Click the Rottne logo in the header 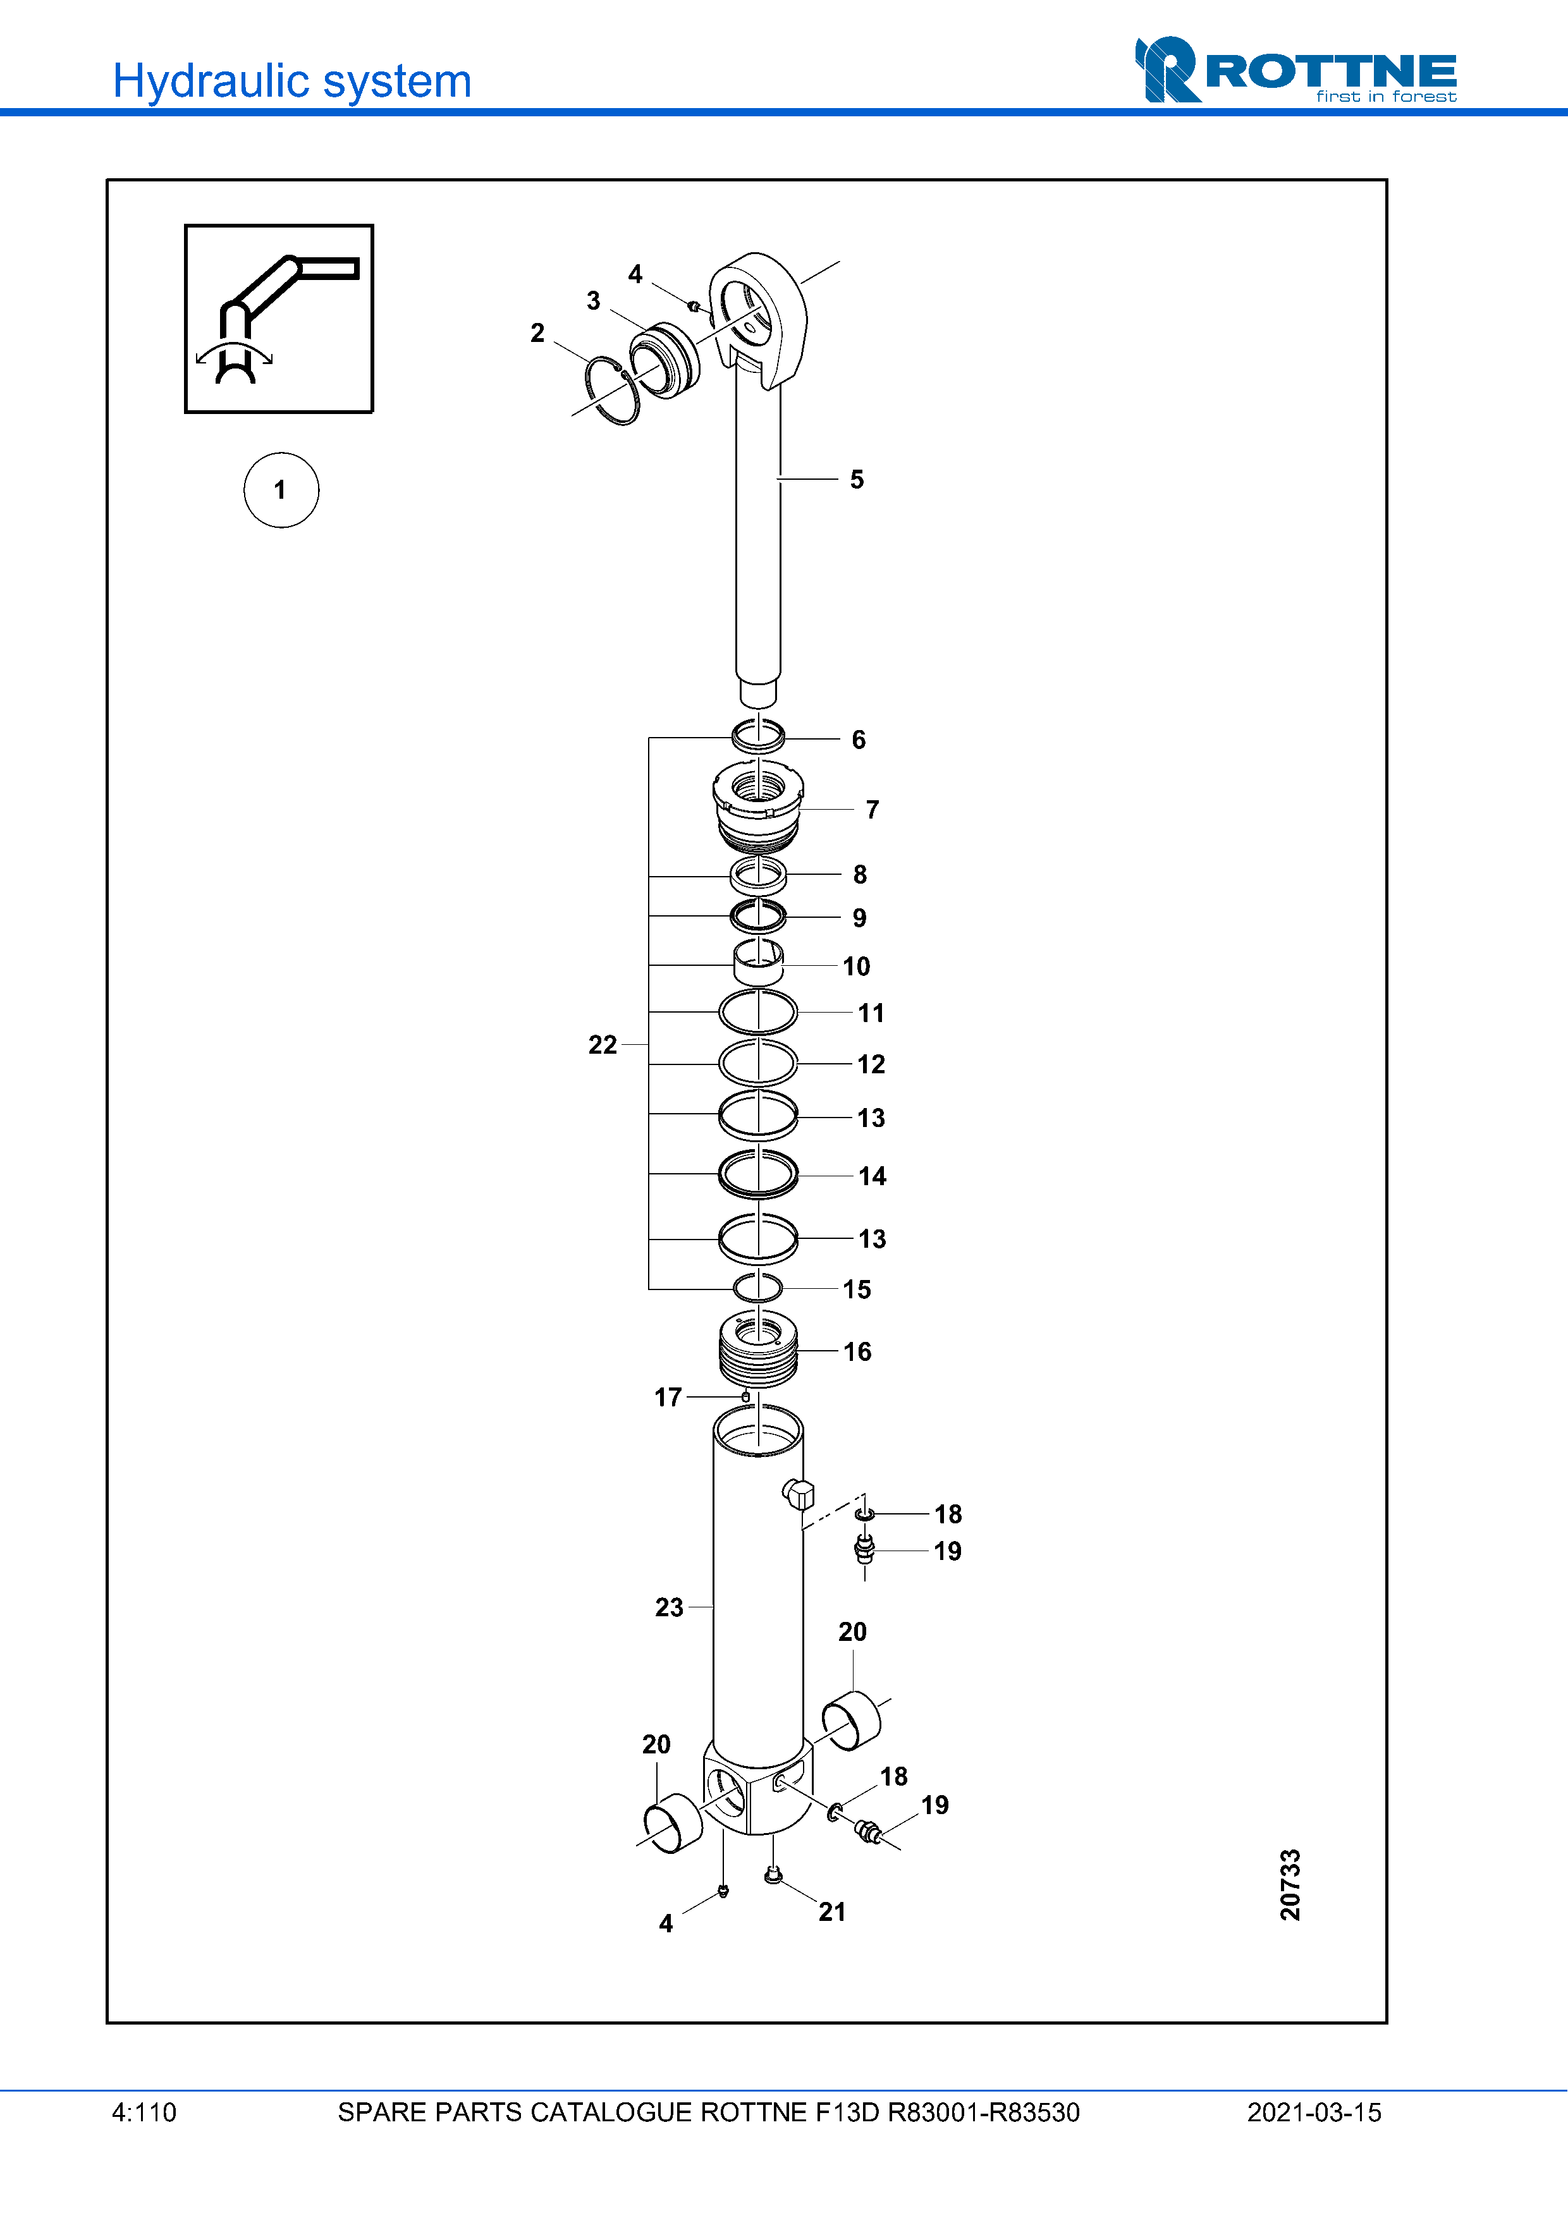pyautogui.click(x=1295, y=70)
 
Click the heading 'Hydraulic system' pyautogui.click(x=291, y=81)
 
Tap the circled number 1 pyautogui.click(x=280, y=490)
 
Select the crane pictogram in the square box pyautogui.click(x=278, y=319)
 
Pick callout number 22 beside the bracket pyautogui.click(x=602, y=1044)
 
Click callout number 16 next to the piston pyautogui.click(x=857, y=1351)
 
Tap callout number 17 pyautogui.click(x=668, y=1397)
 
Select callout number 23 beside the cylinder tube pyautogui.click(x=668, y=1607)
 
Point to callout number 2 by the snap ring pyautogui.click(x=537, y=332)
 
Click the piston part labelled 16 pyautogui.click(x=759, y=1349)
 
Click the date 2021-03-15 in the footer pyautogui.click(x=1313, y=2112)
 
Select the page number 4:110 pyautogui.click(x=144, y=2112)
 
